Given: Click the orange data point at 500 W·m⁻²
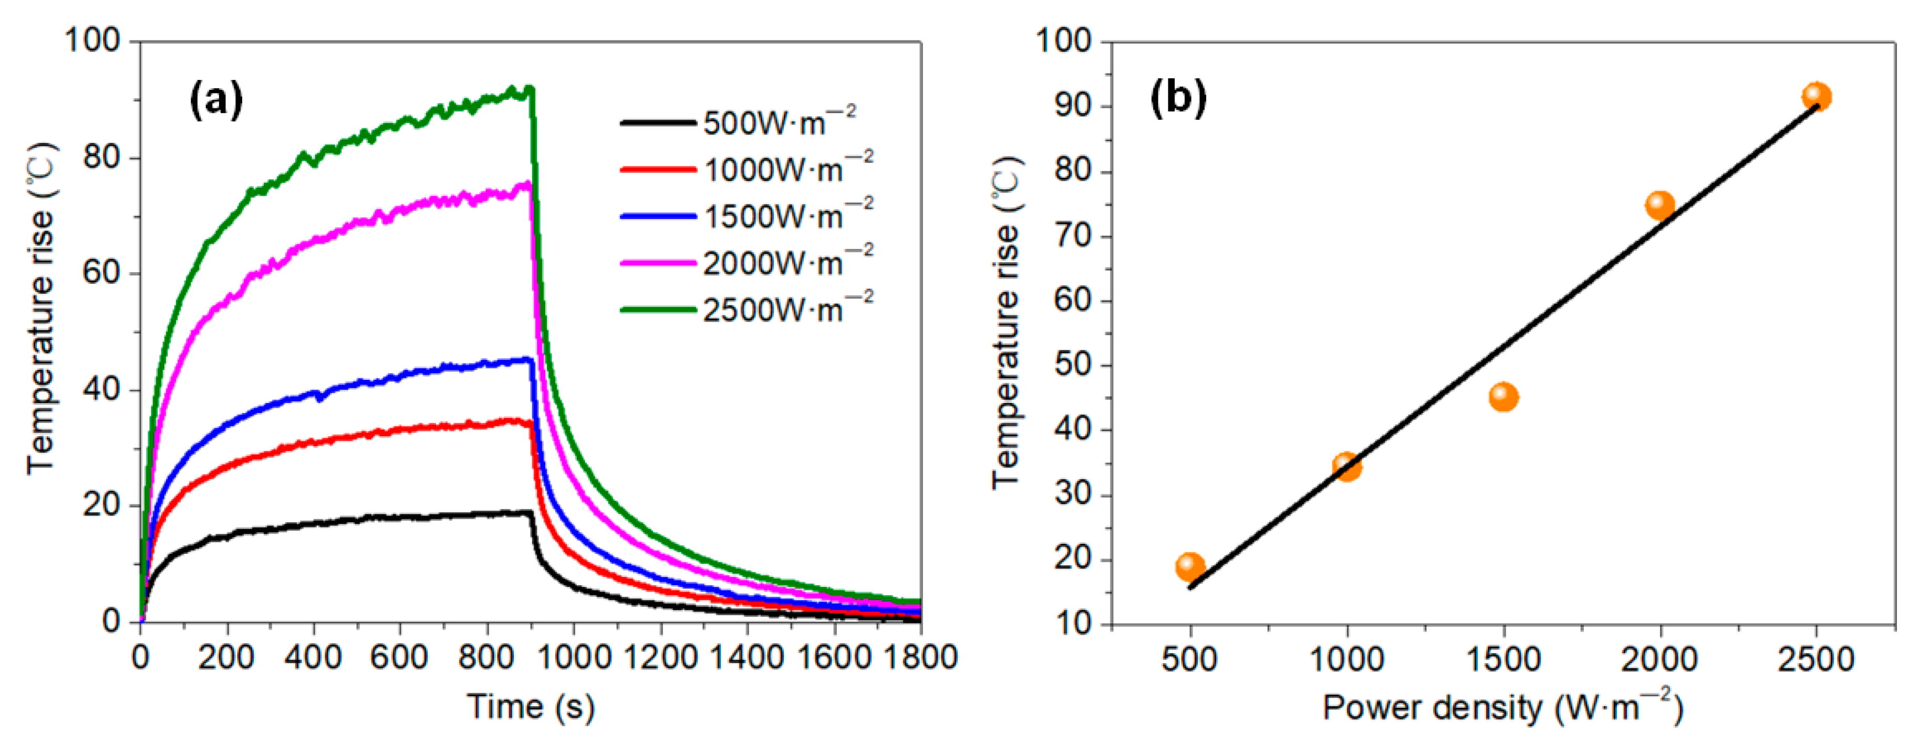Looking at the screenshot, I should (1190, 567).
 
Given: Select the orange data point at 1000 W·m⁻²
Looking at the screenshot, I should (1347, 467).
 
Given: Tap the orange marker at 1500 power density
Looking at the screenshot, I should (1503, 397).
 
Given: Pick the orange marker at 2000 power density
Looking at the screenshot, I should (1661, 205).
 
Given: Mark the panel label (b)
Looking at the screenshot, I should (1178, 98).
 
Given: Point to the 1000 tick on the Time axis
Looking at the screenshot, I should (573, 657).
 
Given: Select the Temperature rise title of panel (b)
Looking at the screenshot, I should (1007, 322).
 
